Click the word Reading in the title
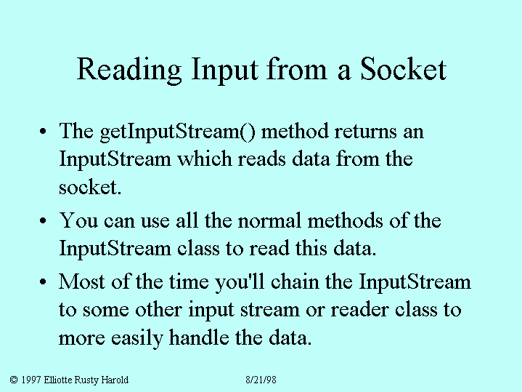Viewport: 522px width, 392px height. (x=129, y=71)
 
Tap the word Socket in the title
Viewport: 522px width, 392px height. (x=403, y=68)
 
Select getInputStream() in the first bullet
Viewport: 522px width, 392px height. (x=178, y=132)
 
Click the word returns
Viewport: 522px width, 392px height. (x=365, y=132)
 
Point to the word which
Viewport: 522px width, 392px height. (x=204, y=159)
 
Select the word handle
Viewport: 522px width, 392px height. (x=199, y=337)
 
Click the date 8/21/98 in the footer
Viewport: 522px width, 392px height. (x=261, y=380)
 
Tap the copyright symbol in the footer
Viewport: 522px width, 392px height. (x=14, y=380)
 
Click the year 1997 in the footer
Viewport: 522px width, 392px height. (x=31, y=380)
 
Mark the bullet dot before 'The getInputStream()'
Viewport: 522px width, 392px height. (x=43, y=132)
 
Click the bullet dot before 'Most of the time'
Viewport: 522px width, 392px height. (x=43, y=282)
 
